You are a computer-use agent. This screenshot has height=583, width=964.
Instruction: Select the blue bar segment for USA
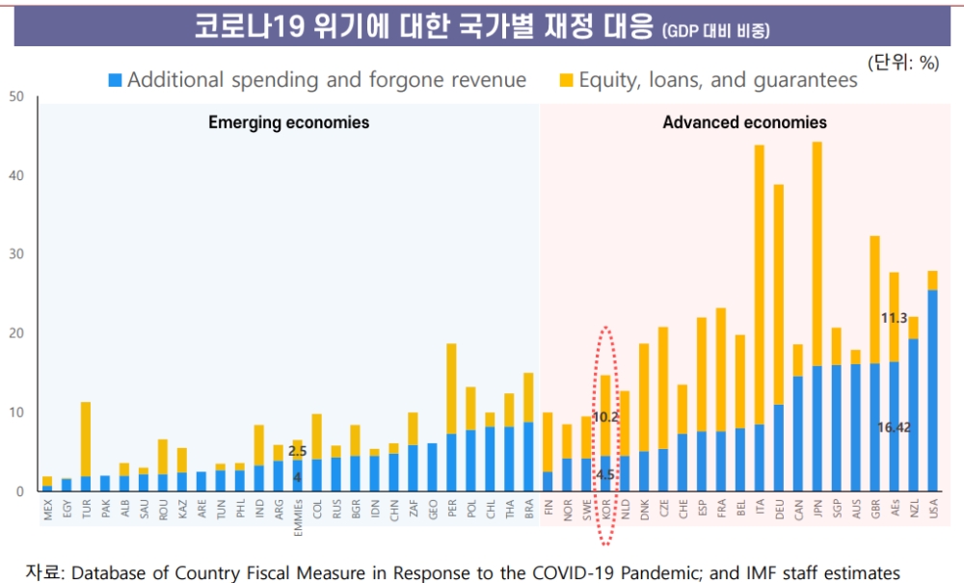coord(932,390)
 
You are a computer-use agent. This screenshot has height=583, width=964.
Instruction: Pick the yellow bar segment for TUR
coord(86,438)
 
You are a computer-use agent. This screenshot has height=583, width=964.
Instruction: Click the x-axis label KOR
coord(606,509)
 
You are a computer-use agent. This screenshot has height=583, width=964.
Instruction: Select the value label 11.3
coord(895,317)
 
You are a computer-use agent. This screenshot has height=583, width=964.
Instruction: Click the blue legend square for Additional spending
coord(115,80)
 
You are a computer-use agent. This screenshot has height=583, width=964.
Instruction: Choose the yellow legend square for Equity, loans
coord(566,80)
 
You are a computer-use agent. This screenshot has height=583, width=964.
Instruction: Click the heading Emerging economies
coord(288,122)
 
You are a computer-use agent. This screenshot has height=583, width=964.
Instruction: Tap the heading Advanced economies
coord(744,122)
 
